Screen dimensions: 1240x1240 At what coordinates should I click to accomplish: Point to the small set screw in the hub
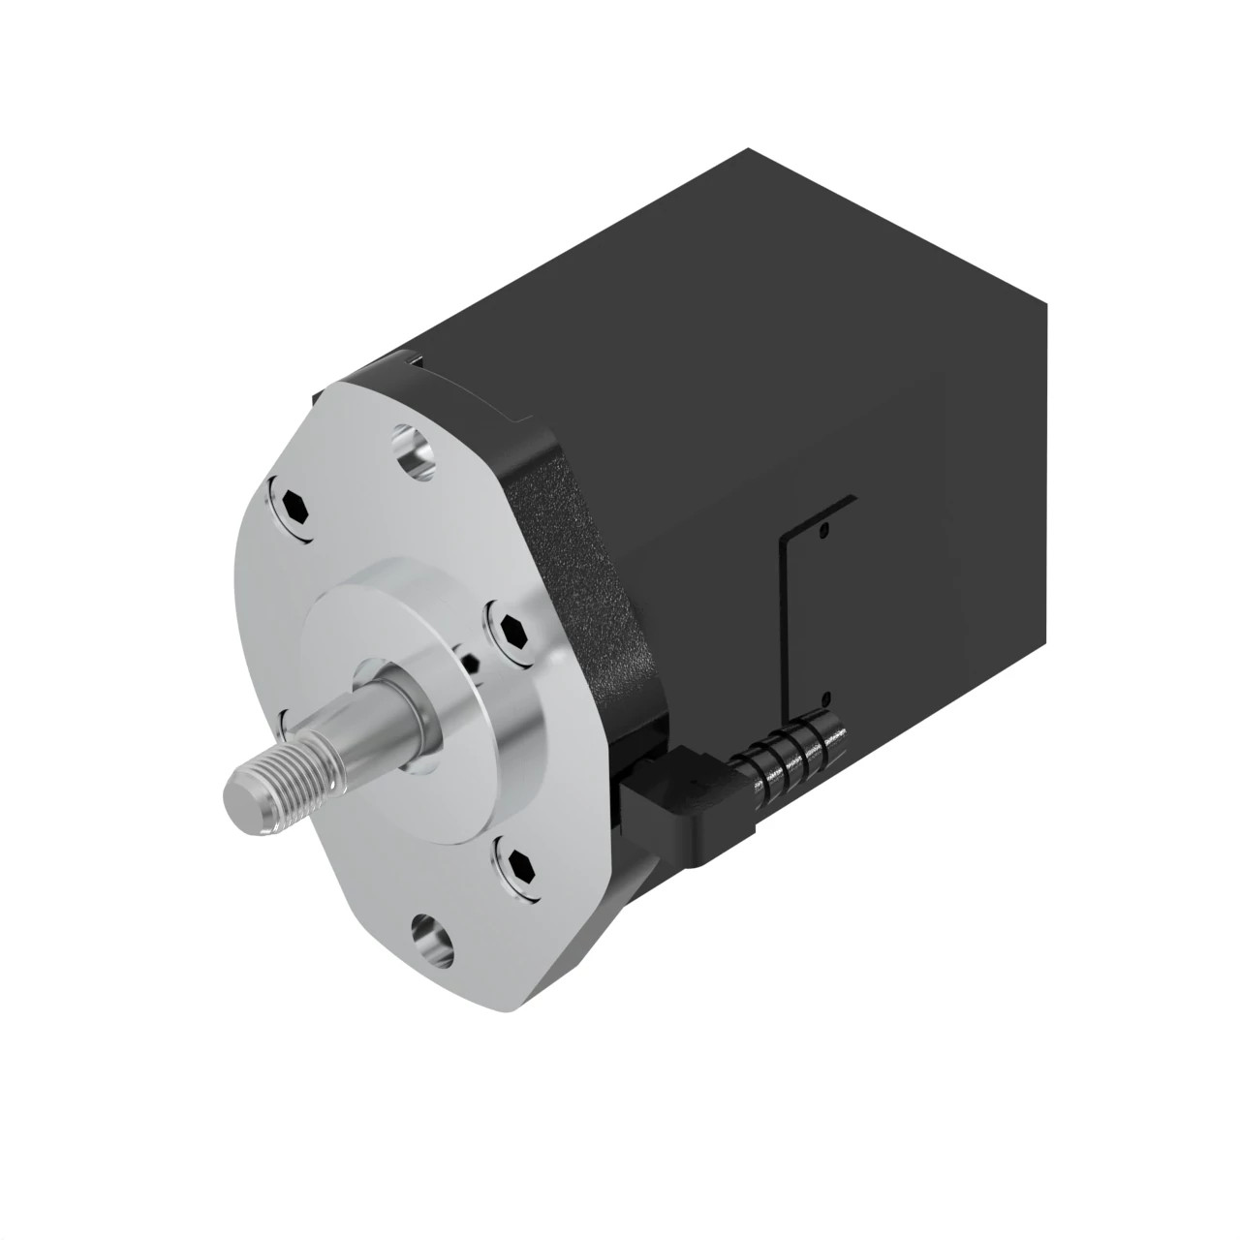point(472,664)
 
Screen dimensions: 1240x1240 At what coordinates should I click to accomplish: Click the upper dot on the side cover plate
point(824,530)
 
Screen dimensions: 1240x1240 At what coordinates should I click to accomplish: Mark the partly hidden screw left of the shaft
point(284,717)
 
